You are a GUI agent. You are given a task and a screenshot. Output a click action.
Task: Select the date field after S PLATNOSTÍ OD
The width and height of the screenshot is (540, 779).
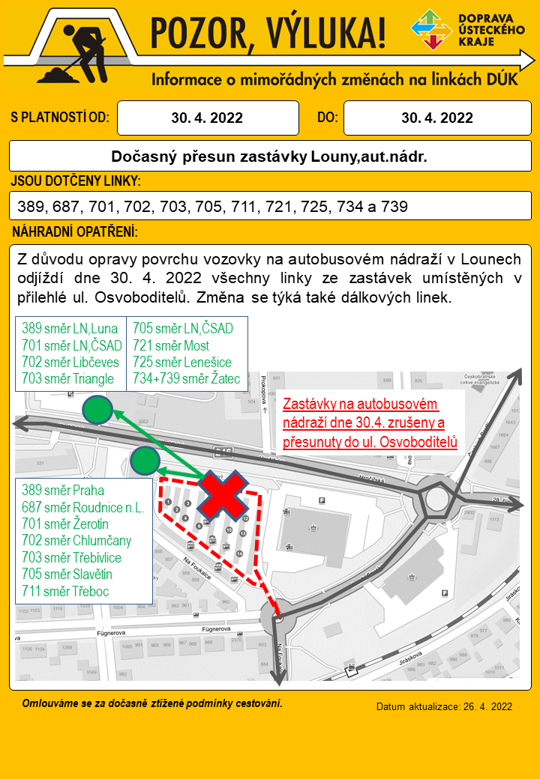pos(207,118)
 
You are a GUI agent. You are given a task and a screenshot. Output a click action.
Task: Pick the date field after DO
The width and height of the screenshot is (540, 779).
pos(437,118)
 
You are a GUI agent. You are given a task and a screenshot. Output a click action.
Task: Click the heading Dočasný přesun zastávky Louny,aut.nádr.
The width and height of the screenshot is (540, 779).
pos(269,157)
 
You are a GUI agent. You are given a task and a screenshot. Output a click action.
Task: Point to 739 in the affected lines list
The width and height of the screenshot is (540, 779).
pos(394,206)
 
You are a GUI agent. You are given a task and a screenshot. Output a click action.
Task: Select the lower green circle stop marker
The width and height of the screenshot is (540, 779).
pos(145,461)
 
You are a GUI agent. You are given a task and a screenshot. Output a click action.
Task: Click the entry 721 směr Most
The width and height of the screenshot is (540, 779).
pos(171,345)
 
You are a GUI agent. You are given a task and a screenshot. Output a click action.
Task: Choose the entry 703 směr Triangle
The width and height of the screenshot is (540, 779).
pos(67,378)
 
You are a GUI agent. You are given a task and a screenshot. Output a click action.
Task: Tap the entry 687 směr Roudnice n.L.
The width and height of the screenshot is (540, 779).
pos(82,508)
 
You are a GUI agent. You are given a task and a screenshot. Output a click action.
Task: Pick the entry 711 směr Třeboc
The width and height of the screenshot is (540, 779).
pos(65,591)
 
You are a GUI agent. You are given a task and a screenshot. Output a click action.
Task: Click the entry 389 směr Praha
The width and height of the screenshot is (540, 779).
pos(62,491)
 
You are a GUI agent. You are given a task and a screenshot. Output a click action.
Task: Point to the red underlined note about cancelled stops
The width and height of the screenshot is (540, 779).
pos(370,422)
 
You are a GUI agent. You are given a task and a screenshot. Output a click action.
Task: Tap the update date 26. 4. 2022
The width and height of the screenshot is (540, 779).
pos(444,706)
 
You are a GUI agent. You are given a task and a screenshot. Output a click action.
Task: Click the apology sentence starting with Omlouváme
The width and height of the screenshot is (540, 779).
pos(152,703)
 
